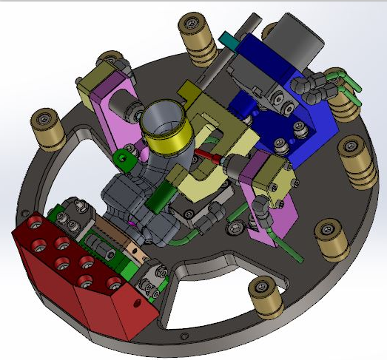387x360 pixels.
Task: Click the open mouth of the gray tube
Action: (165, 115)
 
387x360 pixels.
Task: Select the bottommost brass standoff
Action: (264, 294)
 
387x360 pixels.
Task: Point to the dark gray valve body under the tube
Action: (141, 203)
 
